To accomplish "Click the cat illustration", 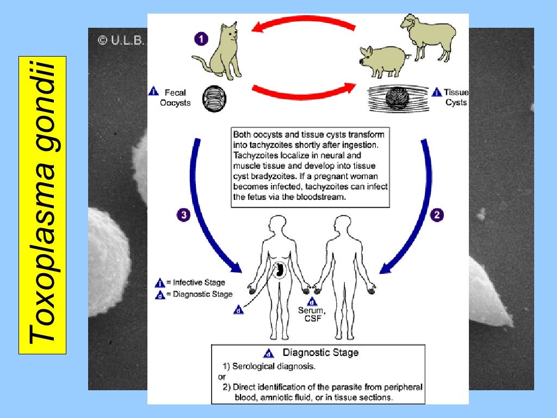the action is point(220,52).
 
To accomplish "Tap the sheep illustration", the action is point(427,35).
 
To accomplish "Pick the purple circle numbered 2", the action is point(437,214).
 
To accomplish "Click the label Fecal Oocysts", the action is point(176,97).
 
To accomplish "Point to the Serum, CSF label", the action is point(311,314).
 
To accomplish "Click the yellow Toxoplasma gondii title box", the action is point(42,205).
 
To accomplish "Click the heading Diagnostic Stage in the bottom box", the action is point(320,353).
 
